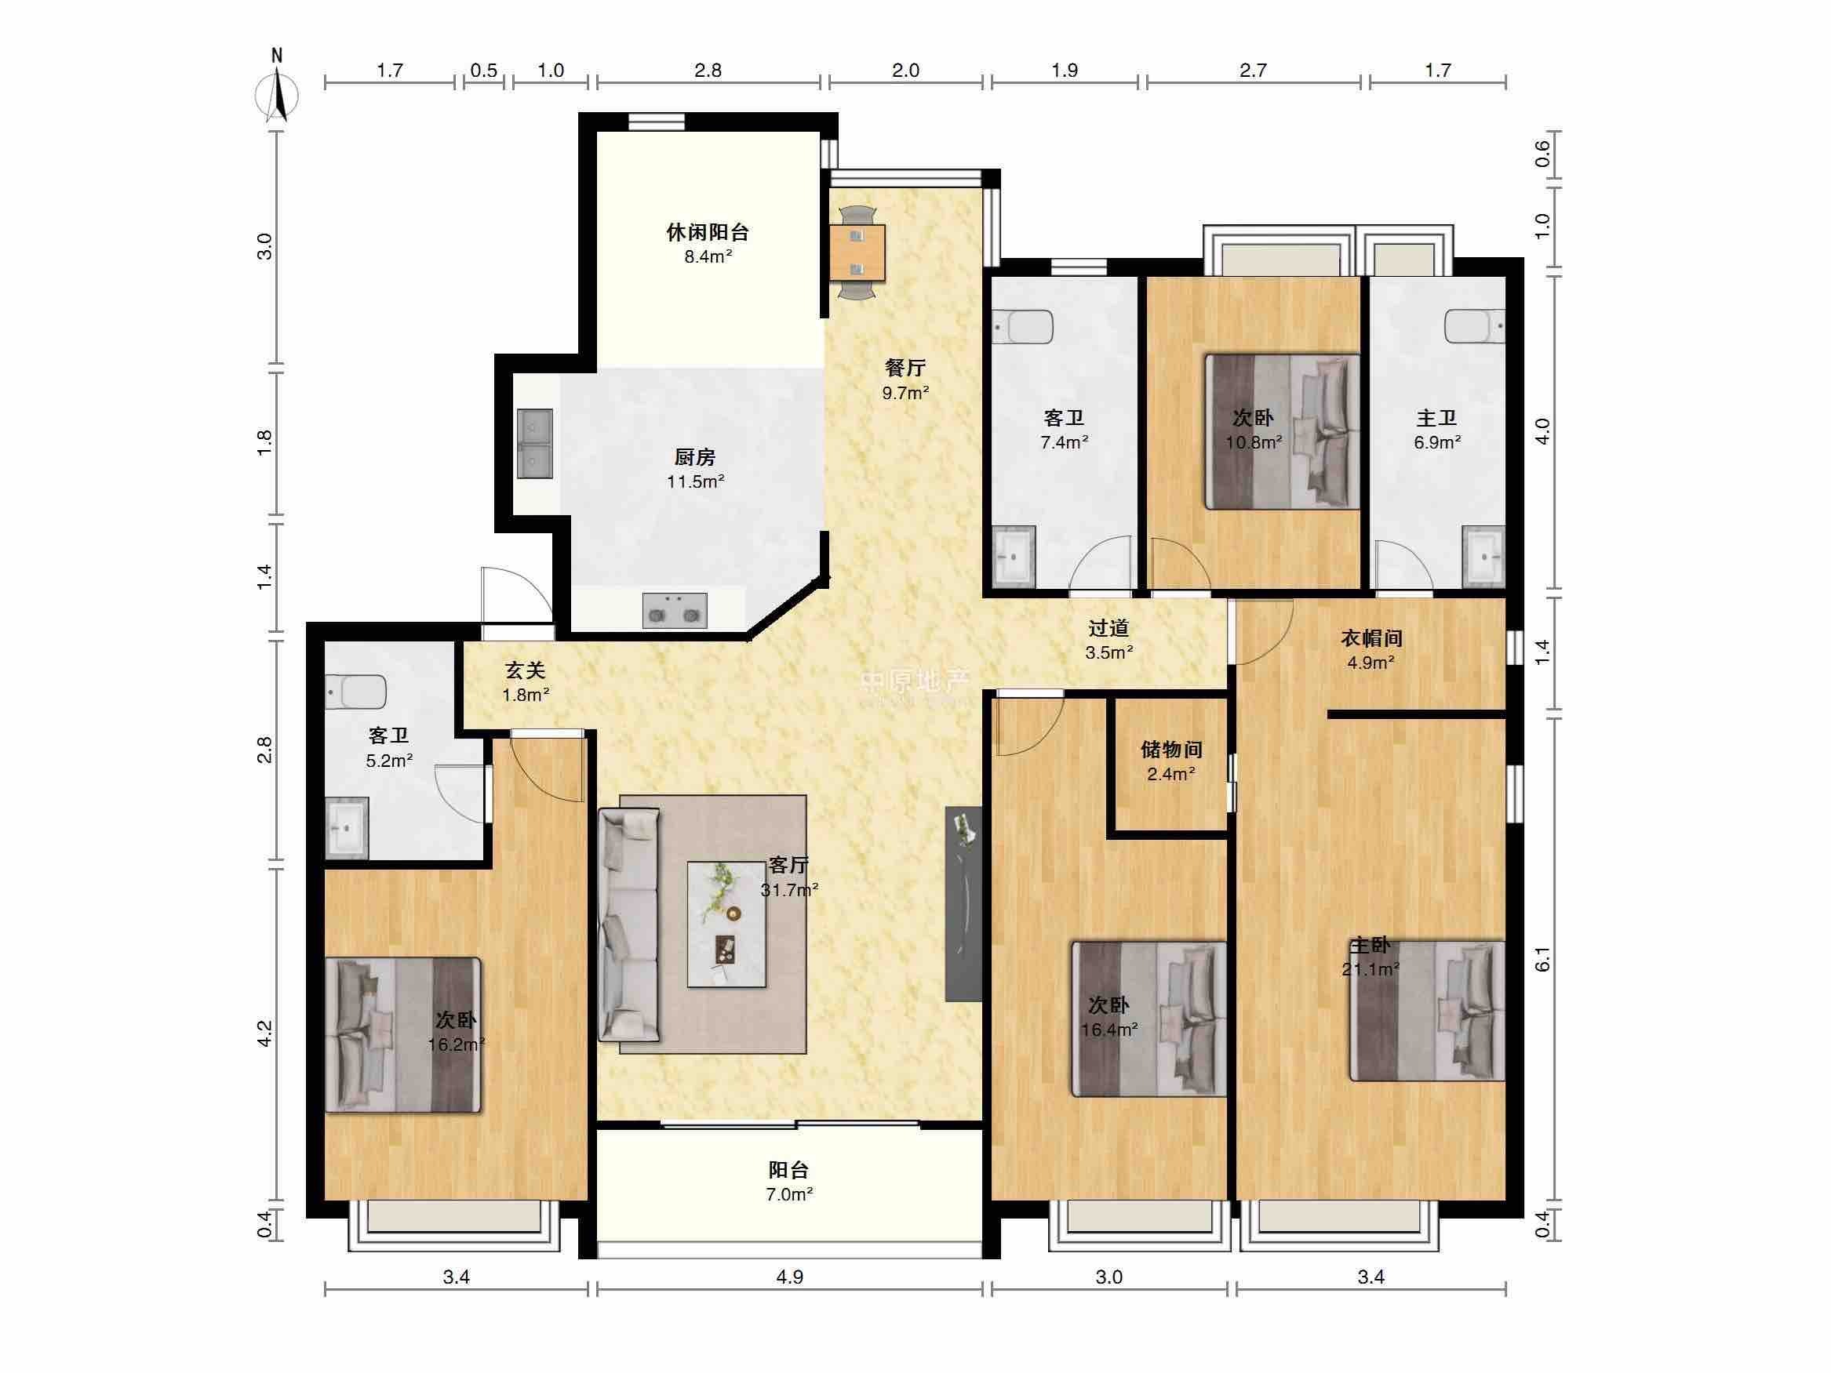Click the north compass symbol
(276, 91)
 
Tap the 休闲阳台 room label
(708, 233)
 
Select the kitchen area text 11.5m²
(696, 481)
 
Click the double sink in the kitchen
(536, 444)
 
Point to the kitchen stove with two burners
(675, 610)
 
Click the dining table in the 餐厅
(857, 252)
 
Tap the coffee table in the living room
(726, 924)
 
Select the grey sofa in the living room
(629, 924)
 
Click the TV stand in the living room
(963, 904)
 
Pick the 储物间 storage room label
(1171, 750)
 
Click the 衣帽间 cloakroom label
(1371, 638)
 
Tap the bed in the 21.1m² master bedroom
(1427, 1011)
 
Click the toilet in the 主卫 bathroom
(1475, 325)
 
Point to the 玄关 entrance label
(526, 671)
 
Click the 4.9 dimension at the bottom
(790, 1277)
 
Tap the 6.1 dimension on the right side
(1542, 959)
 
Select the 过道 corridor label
(1109, 628)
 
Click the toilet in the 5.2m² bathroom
(356, 692)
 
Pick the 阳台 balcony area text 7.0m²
(789, 1194)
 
